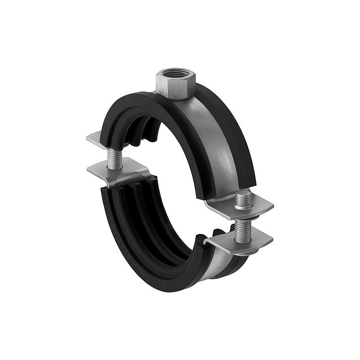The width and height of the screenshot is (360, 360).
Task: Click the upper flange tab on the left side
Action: (x=97, y=139)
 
